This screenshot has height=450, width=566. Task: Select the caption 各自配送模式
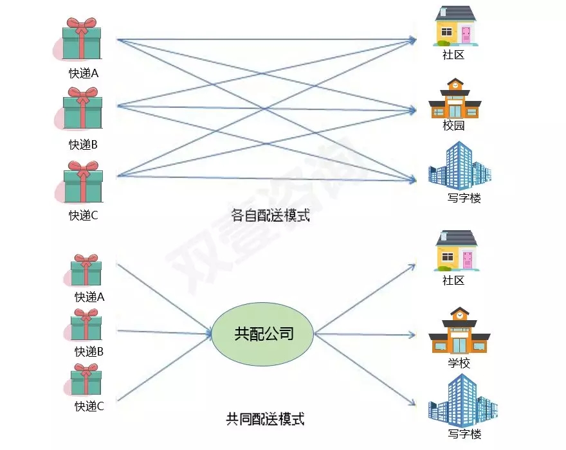click(270, 215)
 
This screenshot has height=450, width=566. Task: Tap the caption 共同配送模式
click(265, 420)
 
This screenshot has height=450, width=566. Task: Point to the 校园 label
click(453, 126)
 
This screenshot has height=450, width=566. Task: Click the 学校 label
click(459, 363)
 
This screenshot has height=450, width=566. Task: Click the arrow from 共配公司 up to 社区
click(363, 299)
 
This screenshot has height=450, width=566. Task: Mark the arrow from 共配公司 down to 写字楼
click(363, 370)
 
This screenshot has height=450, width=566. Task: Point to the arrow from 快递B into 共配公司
click(164, 332)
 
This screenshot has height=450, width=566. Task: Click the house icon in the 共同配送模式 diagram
click(457, 251)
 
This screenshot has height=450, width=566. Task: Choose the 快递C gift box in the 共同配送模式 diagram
click(86, 380)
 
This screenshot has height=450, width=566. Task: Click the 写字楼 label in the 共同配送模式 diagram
click(464, 435)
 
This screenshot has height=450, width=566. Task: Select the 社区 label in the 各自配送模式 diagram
click(453, 55)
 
